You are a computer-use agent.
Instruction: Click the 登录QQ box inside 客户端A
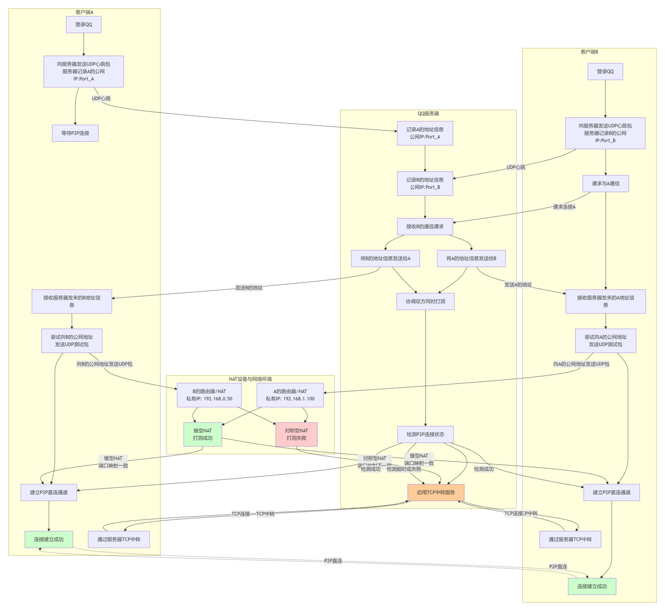tap(84, 25)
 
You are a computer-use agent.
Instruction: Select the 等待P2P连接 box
tap(75, 133)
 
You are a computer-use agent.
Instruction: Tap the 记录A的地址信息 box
tap(425, 133)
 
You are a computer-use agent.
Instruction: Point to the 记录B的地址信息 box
tap(425, 183)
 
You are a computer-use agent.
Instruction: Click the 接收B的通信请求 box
tap(425, 227)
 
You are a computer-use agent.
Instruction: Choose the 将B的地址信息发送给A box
tap(385, 258)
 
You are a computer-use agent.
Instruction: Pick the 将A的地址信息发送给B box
tap(471, 258)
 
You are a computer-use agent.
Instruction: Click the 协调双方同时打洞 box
tap(425, 301)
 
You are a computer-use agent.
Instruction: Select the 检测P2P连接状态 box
tap(425, 434)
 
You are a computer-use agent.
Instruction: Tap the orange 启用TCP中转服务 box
tap(436, 493)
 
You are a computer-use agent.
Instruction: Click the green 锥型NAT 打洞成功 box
tap(203, 434)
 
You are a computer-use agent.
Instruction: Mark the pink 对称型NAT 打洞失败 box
tap(296, 434)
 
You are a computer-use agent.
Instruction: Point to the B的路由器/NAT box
tap(209, 395)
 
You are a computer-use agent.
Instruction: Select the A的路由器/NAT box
tap(290, 395)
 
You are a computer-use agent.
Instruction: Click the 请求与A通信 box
tap(605, 183)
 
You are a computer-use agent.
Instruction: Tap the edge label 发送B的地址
tap(248, 288)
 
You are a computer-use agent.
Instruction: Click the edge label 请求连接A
tap(564, 207)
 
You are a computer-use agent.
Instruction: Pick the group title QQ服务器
tap(428, 113)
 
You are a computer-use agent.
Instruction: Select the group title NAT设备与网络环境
tap(250, 379)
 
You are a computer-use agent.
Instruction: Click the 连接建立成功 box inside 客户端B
tap(592, 586)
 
